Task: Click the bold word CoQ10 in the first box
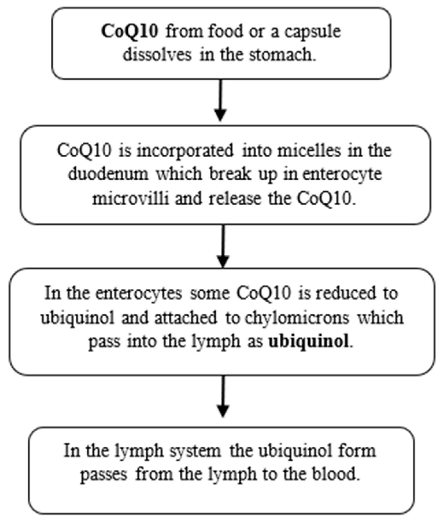(x=130, y=31)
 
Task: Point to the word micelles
(x=309, y=150)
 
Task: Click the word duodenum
(x=108, y=174)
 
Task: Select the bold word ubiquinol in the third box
(x=309, y=341)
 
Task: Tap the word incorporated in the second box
(x=185, y=150)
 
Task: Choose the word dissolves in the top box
(x=157, y=55)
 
